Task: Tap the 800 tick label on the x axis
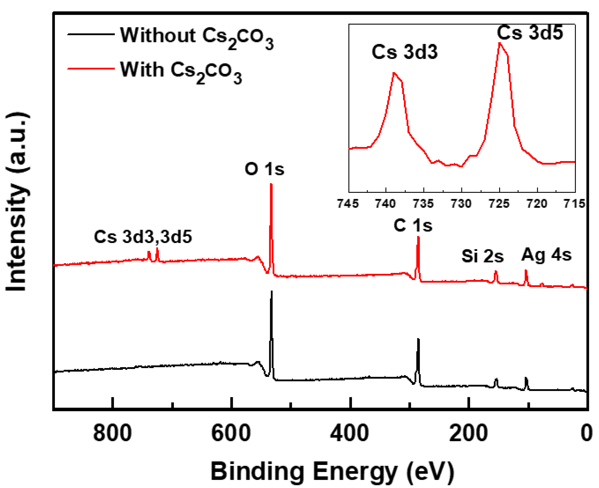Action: (x=112, y=433)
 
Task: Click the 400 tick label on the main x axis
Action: (x=349, y=433)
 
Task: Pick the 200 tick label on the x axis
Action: (x=468, y=433)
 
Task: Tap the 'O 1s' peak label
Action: (x=264, y=169)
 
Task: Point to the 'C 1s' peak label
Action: (x=413, y=225)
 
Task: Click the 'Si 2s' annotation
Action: (x=482, y=256)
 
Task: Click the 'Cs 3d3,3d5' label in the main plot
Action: (x=143, y=236)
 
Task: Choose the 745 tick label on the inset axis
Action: (x=348, y=204)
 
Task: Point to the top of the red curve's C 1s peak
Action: (x=418, y=238)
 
